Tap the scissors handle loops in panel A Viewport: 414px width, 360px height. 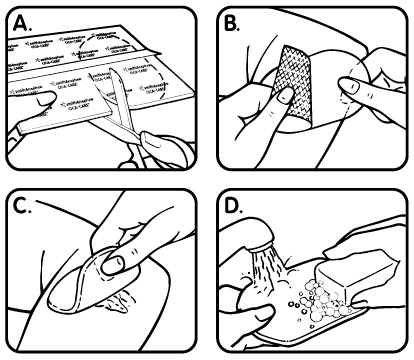pyautogui.click(x=160, y=140)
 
